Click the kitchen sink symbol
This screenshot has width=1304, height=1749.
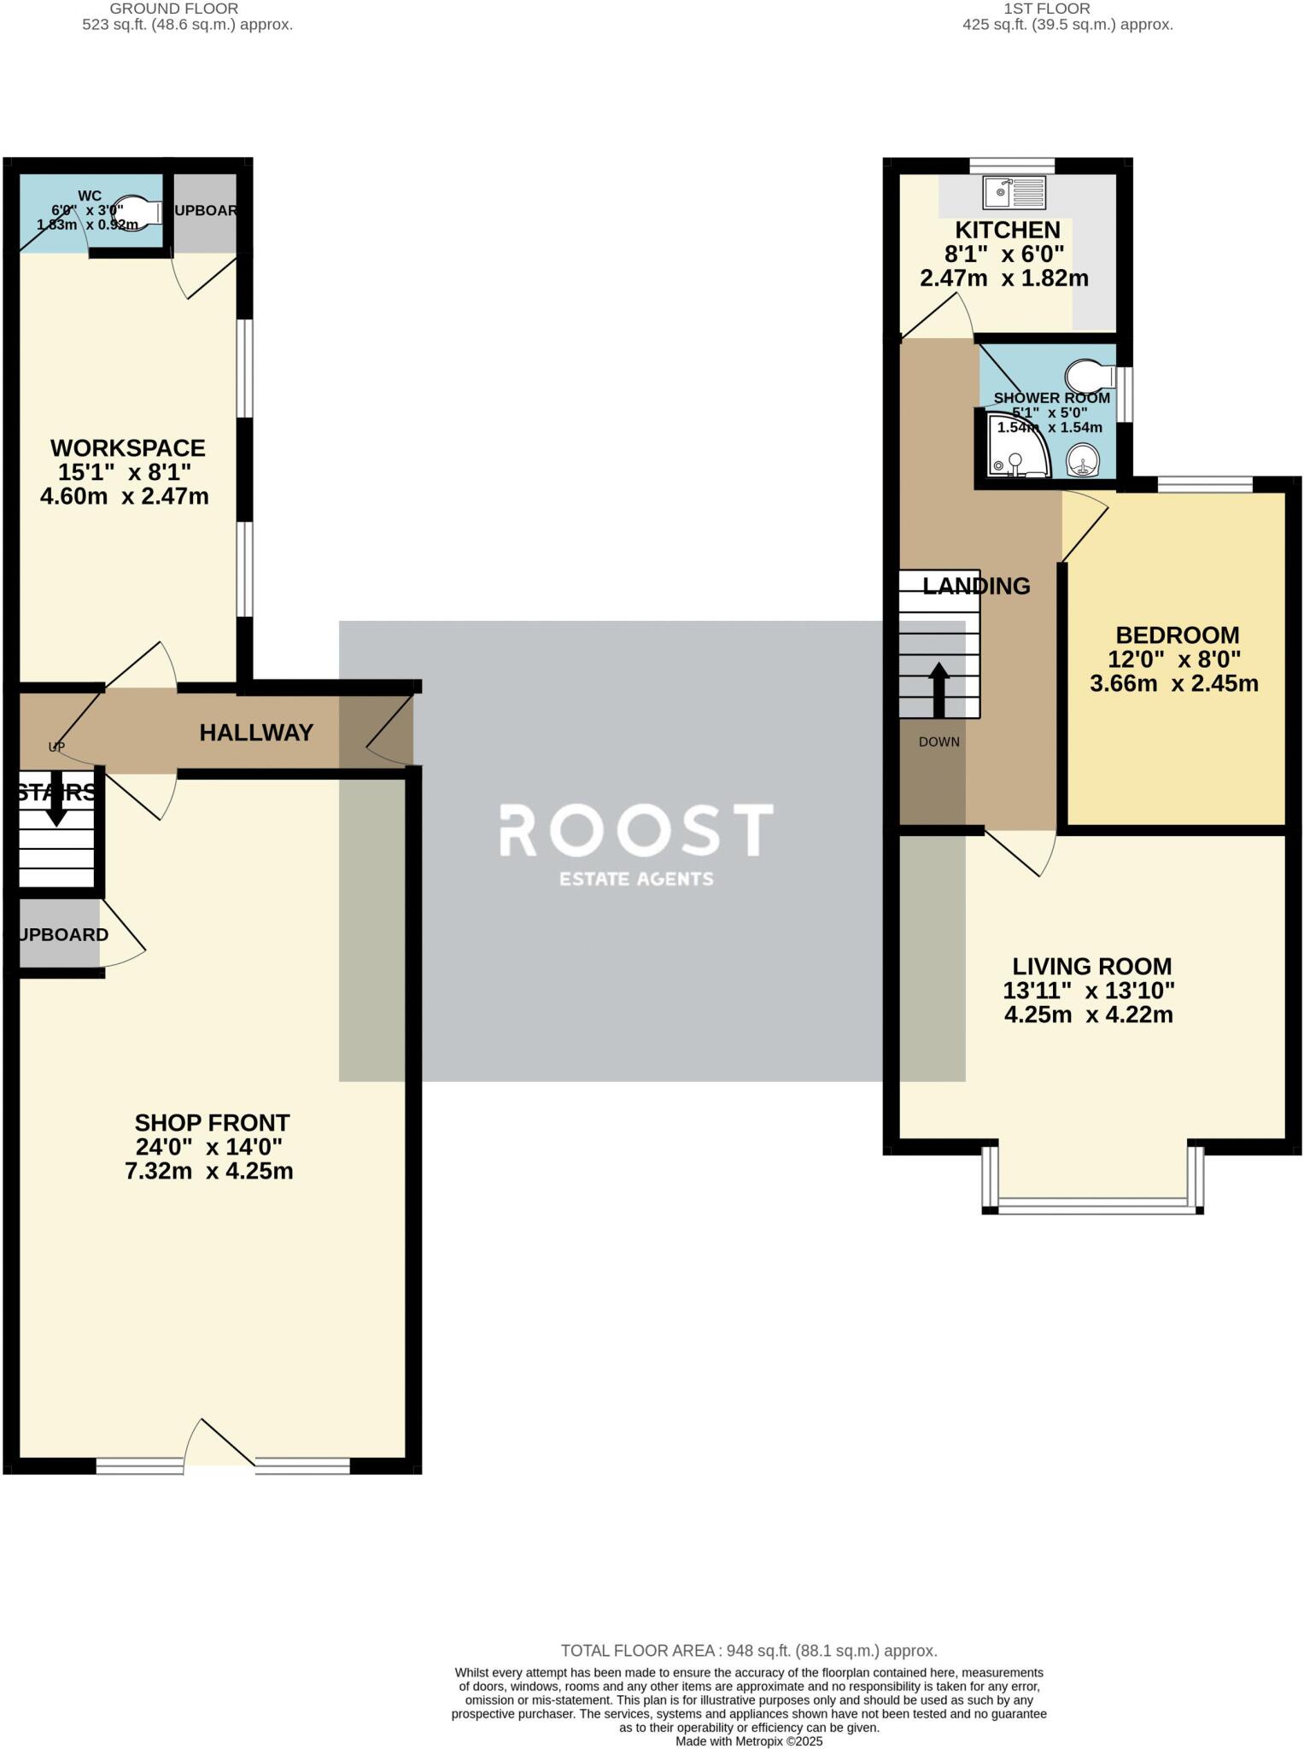point(1014,192)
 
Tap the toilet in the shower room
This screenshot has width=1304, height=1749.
point(1089,375)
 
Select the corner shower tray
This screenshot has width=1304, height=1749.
point(1016,447)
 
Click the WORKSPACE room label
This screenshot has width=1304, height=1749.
point(128,447)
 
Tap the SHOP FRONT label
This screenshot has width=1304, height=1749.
point(212,1122)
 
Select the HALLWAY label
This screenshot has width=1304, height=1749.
point(256,732)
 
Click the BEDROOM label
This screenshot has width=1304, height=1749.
point(1177,635)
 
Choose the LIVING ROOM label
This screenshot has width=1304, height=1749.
point(1091,966)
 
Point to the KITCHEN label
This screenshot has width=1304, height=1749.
point(1008,230)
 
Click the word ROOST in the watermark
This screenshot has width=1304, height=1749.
point(636,830)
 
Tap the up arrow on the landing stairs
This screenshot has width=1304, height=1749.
point(939,688)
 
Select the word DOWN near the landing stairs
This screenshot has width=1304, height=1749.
point(939,741)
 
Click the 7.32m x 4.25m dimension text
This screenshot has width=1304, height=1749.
point(209,1171)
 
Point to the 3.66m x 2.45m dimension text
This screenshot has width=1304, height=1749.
point(1174,683)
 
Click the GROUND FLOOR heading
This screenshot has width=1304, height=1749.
point(174,9)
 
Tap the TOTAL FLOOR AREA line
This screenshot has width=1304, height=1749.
point(748,1651)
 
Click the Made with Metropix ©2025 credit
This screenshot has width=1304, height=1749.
point(748,1740)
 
